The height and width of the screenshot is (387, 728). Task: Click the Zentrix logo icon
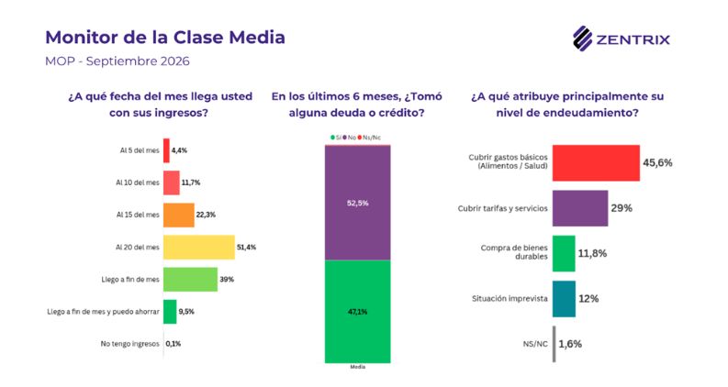(582, 38)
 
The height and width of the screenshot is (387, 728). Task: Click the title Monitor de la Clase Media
(165, 37)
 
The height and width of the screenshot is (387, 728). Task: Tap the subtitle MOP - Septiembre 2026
(117, 61)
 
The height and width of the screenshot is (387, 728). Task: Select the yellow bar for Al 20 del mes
(198, 248)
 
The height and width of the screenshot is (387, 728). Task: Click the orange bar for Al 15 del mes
(179, 215)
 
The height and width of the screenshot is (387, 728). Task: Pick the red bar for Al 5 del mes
(166, 150)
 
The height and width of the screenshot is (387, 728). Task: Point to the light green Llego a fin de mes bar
(190, 280)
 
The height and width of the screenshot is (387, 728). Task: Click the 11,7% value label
(190, 182)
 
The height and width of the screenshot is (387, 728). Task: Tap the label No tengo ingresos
(130, 344)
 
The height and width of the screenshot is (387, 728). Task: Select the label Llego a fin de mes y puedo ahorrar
(103, 312)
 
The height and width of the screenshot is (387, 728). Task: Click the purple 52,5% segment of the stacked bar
(357, 203)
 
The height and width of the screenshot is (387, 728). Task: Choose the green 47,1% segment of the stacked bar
(357, 312)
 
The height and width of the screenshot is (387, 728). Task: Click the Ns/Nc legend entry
(369, 138)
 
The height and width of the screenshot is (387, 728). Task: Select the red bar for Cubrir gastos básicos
(596, 163)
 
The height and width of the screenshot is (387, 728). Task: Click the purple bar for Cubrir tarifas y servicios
(580, 208)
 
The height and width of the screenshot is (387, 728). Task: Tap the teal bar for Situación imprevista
(564, 299)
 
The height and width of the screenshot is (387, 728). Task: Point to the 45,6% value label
(657, 162)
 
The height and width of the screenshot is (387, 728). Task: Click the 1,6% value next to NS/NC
(570, 344)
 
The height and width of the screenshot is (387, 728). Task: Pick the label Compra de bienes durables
(514, 252)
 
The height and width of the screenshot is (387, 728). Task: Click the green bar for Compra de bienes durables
(564, 253)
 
